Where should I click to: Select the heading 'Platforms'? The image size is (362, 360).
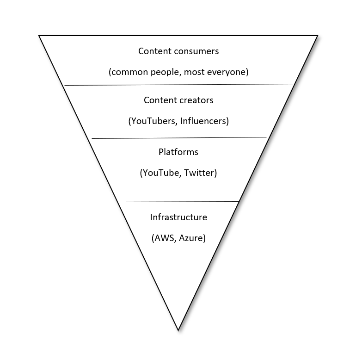click(178, 152)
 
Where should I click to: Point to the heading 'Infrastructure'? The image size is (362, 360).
click(178, 217)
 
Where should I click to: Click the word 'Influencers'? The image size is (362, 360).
click(204, 121)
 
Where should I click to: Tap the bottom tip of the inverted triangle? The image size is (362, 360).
click(178, 330)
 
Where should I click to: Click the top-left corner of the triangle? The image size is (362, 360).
click(39, 36)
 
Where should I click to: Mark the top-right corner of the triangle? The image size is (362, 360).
click(318, 36)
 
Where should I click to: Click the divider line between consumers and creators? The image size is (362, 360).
click(178, 85)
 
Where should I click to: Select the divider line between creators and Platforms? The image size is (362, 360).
click(178, 138)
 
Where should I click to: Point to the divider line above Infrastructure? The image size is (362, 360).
click(178, 202)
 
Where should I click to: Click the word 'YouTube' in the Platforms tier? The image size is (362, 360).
click(161, 173)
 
